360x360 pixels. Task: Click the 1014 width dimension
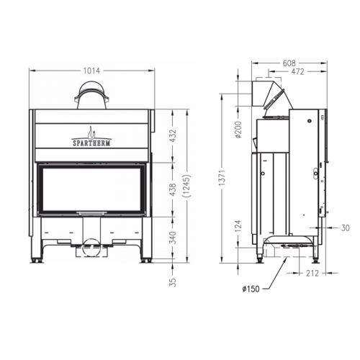(x=91, y=71)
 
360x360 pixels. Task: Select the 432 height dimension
(x=172, y=136)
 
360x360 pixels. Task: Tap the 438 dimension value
(x=172, y=189)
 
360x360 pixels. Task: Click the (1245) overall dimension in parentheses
(x=186, y=189)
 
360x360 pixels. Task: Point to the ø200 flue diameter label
(x=238, y=130)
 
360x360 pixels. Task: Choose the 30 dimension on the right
(x=346, y=228)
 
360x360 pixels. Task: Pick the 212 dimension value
(x=311, y=273)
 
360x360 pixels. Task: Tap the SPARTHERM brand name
(x=91, y=143)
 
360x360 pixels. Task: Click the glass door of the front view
(x=91, y=189)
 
